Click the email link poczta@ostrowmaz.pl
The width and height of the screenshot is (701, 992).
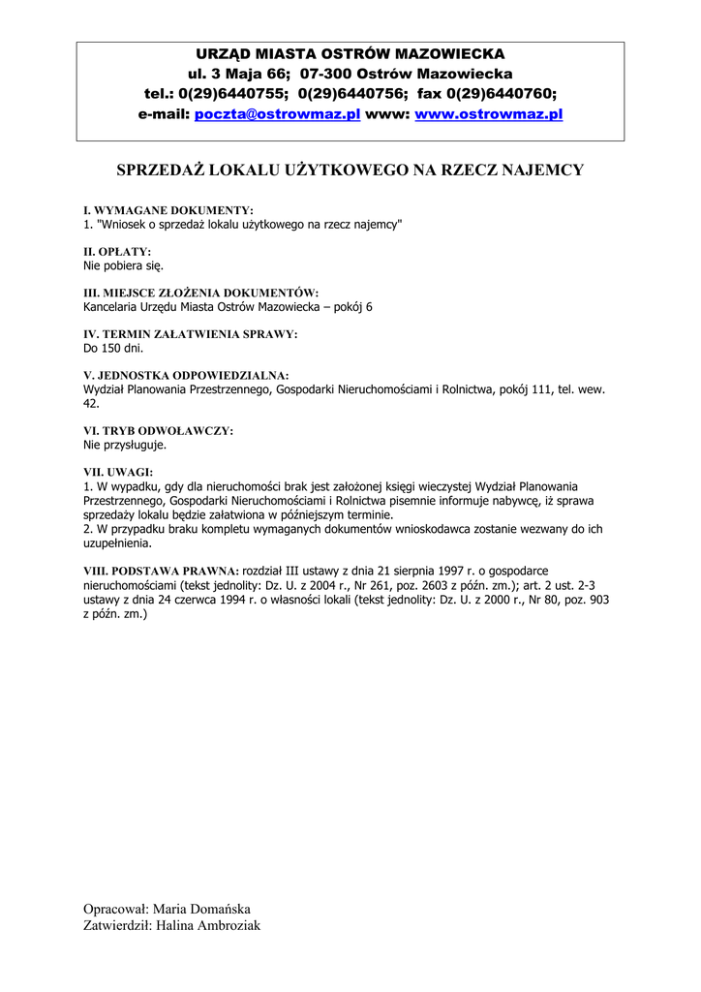tap(277, 114)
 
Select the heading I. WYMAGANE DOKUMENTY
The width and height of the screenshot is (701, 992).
tap(168, 210)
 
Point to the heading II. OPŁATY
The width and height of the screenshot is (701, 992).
tap(118, 251)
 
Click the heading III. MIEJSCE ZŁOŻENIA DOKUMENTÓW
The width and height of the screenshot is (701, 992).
tap(201, 293)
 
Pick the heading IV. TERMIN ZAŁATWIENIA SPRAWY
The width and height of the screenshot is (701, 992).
tap(191, 334)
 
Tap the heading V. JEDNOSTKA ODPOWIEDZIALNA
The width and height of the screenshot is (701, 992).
tap(187, 375)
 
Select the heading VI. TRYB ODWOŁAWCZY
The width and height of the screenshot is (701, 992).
tap(159, 430)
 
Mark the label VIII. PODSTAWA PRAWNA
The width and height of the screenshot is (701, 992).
tap(161, 572)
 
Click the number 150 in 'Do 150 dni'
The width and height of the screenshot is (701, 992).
tap(112, 347)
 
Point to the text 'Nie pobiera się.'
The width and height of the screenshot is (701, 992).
tap(124, 264)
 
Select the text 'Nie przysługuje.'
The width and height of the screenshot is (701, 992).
tap(126, 445)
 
